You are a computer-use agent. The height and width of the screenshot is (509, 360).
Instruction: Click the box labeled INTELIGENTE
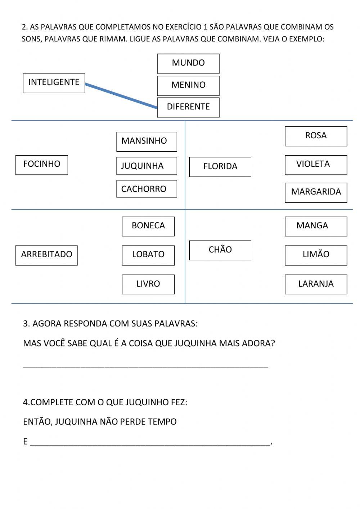54,83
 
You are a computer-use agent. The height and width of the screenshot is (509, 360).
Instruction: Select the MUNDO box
188,63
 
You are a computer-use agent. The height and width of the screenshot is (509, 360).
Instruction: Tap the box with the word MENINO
188,85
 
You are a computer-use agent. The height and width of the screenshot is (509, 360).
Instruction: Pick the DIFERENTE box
188,107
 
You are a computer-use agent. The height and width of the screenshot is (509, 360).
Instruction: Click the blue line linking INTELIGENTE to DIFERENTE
121,96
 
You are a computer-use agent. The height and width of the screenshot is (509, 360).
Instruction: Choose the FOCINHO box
42,165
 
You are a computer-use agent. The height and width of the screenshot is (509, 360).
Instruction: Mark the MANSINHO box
147,141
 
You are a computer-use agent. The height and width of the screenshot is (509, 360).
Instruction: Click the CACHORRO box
147,189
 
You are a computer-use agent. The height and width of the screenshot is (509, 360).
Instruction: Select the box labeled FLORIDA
220,167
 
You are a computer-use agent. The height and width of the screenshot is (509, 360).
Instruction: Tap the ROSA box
316,136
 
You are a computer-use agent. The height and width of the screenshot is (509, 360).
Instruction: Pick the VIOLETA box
316,165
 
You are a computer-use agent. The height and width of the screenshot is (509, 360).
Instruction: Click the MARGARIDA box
316,192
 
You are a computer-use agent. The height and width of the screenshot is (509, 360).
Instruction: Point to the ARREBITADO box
46,255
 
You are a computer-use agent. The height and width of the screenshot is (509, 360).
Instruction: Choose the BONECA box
148,226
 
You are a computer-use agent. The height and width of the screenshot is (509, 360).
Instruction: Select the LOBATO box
148,255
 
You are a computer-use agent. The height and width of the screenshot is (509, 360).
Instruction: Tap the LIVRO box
148,284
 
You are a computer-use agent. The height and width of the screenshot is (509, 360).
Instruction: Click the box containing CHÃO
220,250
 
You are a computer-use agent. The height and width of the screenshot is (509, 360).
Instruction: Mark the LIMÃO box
316,255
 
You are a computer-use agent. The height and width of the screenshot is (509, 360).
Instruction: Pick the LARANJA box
316,284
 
